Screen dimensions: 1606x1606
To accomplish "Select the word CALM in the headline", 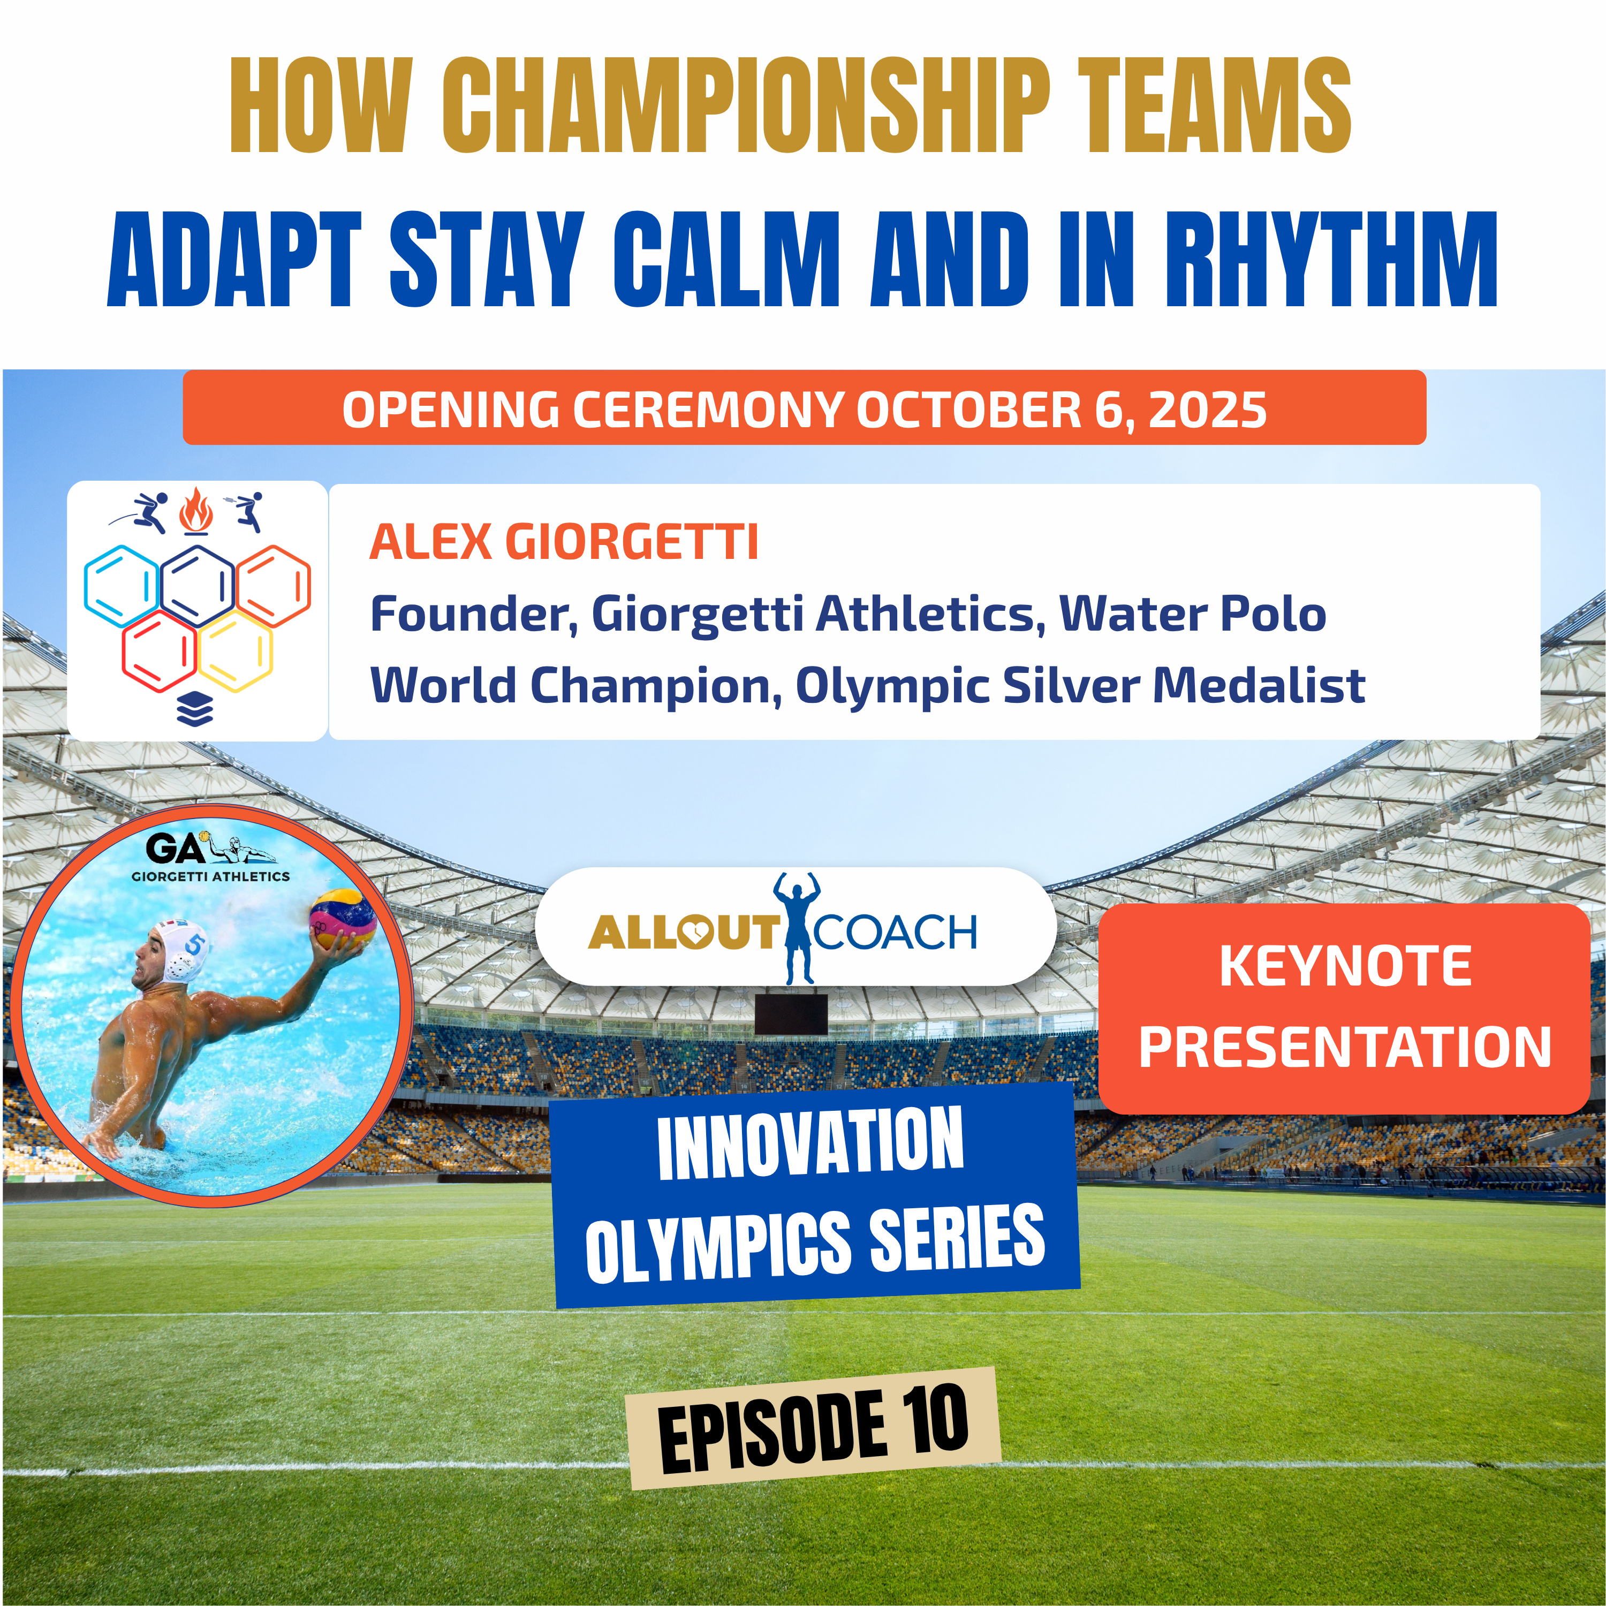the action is pos(726,259).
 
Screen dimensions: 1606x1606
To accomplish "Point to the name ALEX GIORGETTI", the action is pos(564,542).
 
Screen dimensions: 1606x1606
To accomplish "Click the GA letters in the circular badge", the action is pos(175,849).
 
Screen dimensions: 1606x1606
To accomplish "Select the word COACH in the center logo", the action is pos(896,932).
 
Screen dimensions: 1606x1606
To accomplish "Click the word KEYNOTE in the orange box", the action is pos(1345,966).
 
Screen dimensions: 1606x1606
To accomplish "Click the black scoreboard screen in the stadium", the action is pos(791,1013).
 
